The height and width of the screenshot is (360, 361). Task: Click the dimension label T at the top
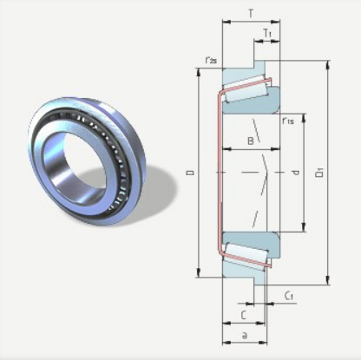pos(251,14)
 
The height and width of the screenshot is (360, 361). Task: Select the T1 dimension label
pos(267,33)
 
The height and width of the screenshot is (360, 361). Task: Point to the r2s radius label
pos(211,60)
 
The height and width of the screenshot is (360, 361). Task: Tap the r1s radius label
pos(288,121)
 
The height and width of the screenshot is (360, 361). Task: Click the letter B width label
pos(251,141)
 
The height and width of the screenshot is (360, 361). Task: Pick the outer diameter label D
pos(190,173)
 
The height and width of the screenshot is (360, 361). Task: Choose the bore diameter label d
pos(296,173)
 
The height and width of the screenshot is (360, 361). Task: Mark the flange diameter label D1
pos(319,173)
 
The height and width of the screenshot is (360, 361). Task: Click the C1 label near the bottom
pos(289,296)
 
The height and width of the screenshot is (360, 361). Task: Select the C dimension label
pos(244,315)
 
